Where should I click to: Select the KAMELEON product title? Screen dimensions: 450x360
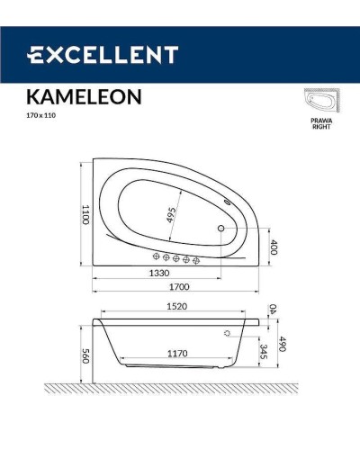(78, 97)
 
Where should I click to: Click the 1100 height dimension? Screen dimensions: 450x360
(86, 213)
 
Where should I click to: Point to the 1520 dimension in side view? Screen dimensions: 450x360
(176, 307)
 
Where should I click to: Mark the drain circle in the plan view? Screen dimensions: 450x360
(220, 229)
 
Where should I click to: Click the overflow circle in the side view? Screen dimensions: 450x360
(227, 332)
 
